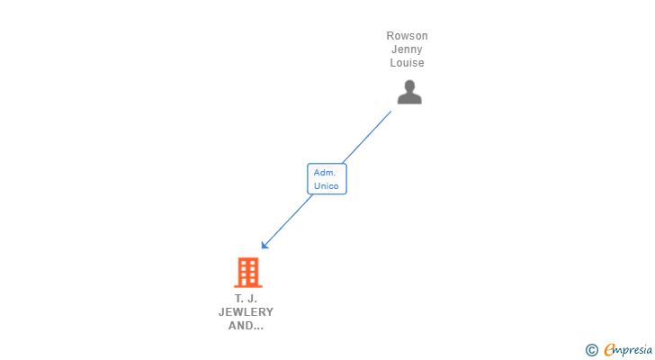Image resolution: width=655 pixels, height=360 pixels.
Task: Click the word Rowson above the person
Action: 407,36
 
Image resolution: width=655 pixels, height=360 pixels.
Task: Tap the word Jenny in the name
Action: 407,49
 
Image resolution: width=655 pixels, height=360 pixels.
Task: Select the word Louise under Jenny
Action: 407,63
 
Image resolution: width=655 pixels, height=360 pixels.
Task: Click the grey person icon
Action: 409,92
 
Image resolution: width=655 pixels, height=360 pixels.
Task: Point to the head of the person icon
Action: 409,86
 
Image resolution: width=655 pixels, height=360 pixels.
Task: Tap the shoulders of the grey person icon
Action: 409,99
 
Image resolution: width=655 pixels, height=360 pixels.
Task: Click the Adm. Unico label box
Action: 327,179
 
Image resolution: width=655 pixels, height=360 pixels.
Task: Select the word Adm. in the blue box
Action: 324,172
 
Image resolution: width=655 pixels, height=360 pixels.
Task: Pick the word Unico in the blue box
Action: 326,186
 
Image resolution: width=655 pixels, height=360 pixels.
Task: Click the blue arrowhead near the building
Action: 265,245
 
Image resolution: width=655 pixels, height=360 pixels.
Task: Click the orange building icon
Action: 247,272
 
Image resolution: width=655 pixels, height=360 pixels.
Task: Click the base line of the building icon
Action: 247,286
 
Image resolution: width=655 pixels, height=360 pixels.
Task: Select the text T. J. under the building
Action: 246,298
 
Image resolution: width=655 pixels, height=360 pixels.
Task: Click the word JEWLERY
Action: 246,312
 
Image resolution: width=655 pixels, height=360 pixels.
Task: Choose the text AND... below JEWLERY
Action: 246,326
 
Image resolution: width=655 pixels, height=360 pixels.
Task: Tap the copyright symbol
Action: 591,350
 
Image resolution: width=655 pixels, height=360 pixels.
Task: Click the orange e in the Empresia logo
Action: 609,350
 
